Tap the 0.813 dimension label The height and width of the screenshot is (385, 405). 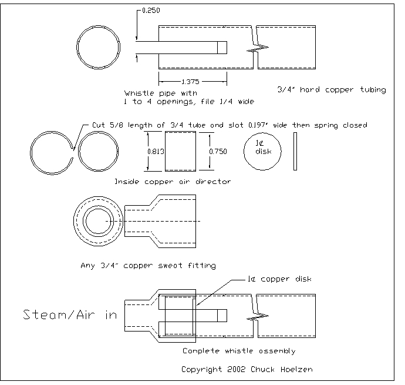coord(155,151)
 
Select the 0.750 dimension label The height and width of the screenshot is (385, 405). coord(217,151)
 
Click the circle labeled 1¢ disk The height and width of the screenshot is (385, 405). coord(262,151)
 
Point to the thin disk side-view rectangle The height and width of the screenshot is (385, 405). coord(295,151)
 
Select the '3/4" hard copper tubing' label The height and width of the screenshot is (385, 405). coord(331,90)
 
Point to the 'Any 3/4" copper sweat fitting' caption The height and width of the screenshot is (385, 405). coord(148,266)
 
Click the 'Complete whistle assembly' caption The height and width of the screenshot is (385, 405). coord(238,351)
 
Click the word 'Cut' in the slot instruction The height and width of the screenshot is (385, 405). coord(100,125)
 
